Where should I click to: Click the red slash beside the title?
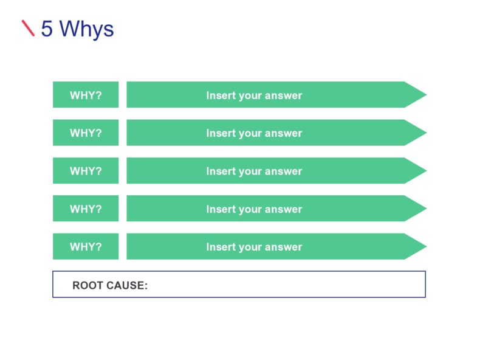click(x=28, y=28)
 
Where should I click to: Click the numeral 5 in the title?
click(x=47, y=29)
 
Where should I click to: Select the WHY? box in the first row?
click(x=86, y=95)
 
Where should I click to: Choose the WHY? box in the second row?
click(x=86, y=133)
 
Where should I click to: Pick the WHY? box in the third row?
click(x=86, y=171)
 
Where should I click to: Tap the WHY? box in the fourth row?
click(x=86, y=209)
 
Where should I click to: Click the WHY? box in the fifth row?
click(x=86, y=246)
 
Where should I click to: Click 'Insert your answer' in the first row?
click(x=254, y=95)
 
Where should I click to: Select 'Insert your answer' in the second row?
click(x=254, y=133)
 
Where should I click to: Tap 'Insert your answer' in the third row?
click(x=254, y=171)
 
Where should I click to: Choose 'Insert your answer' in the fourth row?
click(x=254, y=209)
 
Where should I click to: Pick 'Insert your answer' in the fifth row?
click(x=254, y=246)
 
